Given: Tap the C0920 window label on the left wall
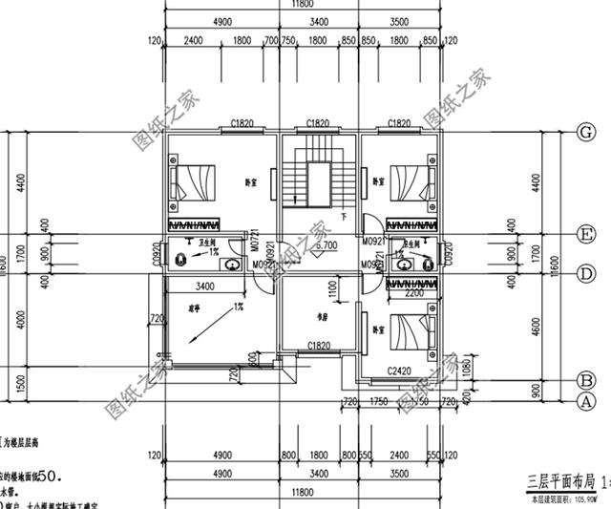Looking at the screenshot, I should [x=157, y=253].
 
